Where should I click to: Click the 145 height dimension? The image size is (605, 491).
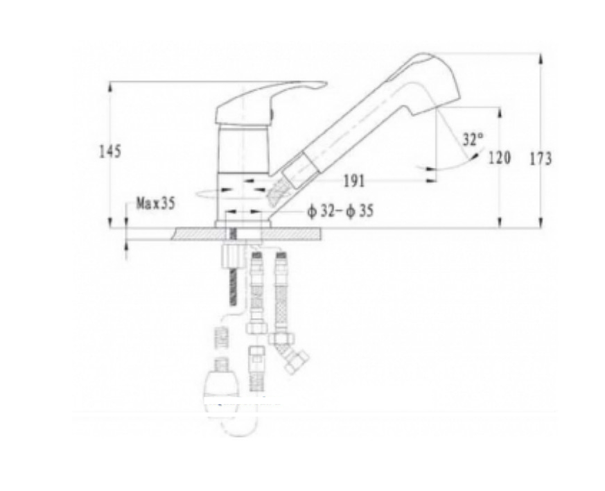coord(110,151)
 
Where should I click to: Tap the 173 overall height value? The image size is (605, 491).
coord(541,159)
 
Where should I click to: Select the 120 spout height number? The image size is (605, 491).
coord(500,157)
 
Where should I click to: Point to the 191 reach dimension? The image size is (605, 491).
coord(354,180)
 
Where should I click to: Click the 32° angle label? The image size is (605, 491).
coord(473,139)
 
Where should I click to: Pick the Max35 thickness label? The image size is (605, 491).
coord(155,203)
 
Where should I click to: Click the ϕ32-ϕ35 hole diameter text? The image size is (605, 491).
coord(340,211)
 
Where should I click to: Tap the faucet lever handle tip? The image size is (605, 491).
coord(326,83)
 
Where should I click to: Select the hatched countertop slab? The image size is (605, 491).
coord(247,234)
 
